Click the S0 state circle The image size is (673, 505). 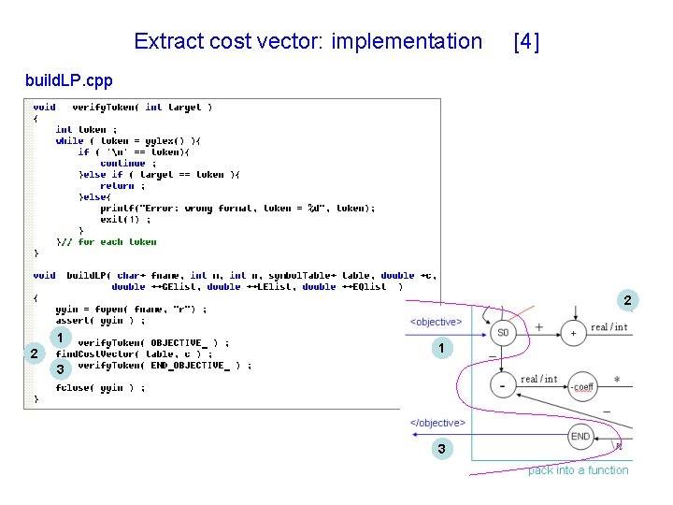503,333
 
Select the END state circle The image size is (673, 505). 580,436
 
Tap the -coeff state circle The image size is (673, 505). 582,386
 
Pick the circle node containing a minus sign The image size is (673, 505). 503,384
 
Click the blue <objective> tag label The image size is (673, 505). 436,322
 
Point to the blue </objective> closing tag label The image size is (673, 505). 437,423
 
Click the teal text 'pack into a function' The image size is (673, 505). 578,470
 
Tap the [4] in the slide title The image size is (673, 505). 526,41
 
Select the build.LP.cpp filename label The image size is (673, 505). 68,81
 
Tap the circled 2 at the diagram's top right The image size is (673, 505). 628,301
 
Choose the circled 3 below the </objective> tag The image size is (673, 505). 440,451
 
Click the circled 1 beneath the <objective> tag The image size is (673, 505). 440,349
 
